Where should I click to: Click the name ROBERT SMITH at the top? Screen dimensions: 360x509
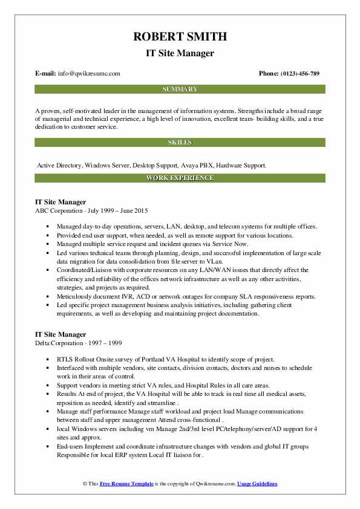pyautogui.click(x=180, y=37)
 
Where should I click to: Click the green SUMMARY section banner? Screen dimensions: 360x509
pyautogui.click(x=180, y=89)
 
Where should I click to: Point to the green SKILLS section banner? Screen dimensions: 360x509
pyautogui.click(x=180, y=143)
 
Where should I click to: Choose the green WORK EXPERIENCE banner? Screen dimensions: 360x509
pyautogui.click(x=180, y=178)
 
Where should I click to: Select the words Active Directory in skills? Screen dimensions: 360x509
pyautogui.click(x=59, y=164)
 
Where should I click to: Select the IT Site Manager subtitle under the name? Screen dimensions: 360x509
pyautogui.click(x=180, y=54)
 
